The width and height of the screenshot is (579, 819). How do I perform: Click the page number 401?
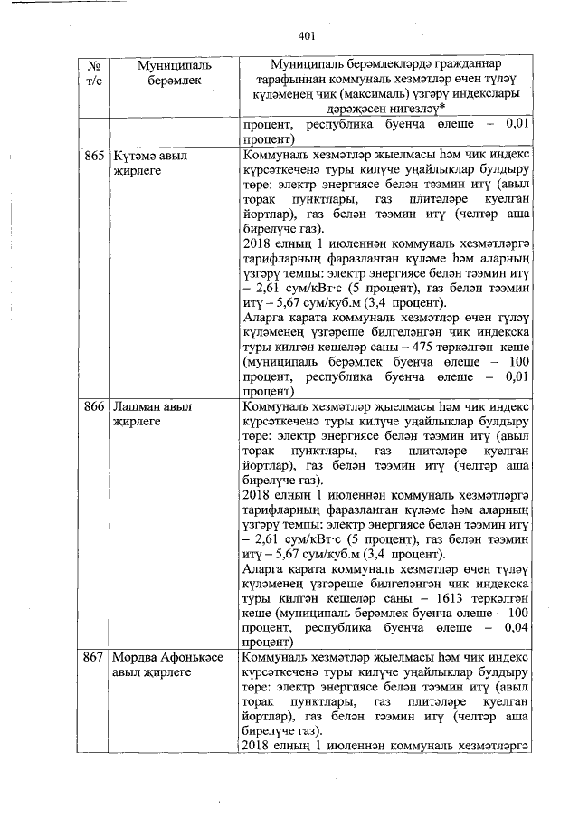click(x=305, y=35)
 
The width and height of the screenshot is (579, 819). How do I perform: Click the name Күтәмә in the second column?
click(x=133, y=156)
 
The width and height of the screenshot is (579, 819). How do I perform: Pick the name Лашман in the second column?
click(x=137, y=406)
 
